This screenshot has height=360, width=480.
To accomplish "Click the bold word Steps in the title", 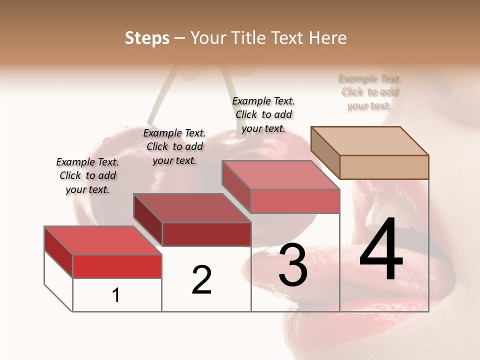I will tap(147, 38).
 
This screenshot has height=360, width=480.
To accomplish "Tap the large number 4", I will tap(381, 250).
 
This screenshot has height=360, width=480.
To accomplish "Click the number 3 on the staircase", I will tap(292, 265).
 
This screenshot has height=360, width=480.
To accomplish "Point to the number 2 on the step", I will tap(201, 280).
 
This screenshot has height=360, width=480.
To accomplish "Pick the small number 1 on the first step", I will tap(116, 295).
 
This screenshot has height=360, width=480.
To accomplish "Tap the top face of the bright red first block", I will tap(102, 240).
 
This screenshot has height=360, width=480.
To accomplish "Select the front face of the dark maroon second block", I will tap(206, 234).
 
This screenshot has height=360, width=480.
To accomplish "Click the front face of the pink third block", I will tap(295, 201).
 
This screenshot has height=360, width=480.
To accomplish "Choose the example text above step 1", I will tap(87, 175).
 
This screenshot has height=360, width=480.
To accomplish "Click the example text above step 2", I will tap(174, 146).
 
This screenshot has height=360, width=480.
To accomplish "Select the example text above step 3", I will tap(263, 114).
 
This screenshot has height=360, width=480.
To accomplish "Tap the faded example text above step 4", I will tap(370, 92).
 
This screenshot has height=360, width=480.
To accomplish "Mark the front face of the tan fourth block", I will tap(384, 167).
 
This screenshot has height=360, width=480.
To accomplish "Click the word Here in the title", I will tap(328, 38).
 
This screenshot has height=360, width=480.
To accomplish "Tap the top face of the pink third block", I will tap(280, 175).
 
